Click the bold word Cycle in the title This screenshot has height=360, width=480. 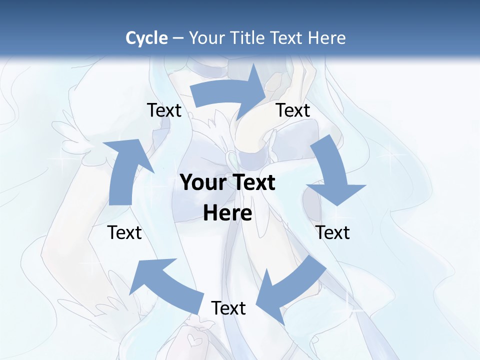click(146, 38)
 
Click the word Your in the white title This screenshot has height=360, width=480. click(207, 38)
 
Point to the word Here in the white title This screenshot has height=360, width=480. click(326, 38)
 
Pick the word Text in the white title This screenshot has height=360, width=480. click(288, 38)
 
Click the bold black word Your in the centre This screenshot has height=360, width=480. click(199, 183)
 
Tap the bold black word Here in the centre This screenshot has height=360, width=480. click(227, 213)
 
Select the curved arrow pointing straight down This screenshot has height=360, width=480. click(333, 172)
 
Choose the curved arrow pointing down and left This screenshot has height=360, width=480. click(290, 290)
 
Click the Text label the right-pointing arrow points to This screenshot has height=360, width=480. click(293, 110)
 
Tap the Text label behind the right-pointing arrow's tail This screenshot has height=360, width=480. click(164, 110)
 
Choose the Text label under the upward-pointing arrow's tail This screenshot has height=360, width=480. click(124, 232)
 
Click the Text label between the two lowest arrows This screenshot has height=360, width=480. click(228, 308)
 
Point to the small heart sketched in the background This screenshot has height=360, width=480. click(192, 341)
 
